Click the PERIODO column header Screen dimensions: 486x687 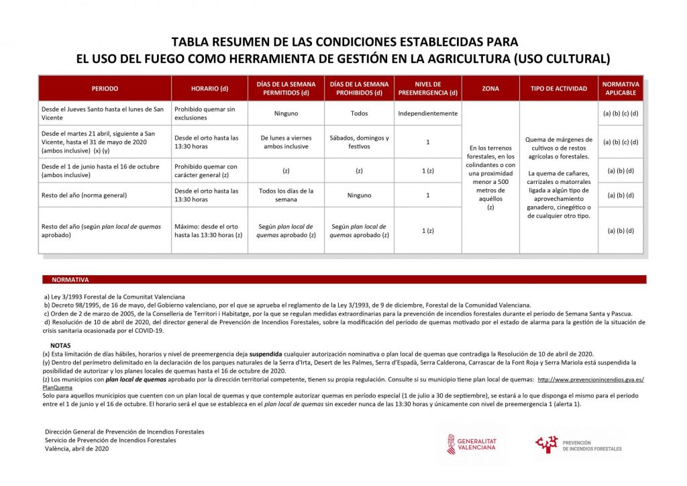pyautogui.click(x=105, y=89)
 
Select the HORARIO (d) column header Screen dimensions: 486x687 pyautogui.click(x=209, y=89)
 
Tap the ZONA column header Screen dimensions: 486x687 pyautogui.click(x=490, y=89)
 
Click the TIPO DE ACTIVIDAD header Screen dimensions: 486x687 pyautogui.click(x=559, y=89)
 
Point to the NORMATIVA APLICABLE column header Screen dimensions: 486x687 pyautogui.click(x=621, y=89)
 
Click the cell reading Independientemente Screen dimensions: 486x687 pyautogui.click(x=427, y=113)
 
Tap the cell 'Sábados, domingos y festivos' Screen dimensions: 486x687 pyautogui.click(x=359, y=142)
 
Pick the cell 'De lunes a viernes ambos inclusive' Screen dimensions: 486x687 pyautogui.click(x=286, y=142)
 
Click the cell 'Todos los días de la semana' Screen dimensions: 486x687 pyautogui.click(x=286, y=195)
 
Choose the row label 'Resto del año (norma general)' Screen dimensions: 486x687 pyautogui.click(x=84, y=195)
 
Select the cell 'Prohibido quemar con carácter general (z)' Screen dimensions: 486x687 pyautogui.click(x=206, y=171)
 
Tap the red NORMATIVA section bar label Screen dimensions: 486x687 pyautogui.click(x=70, y=279)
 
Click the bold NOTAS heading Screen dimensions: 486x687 pyautogui.click(x=60, y=345)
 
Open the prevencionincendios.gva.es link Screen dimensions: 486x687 pyautogui.click(x=590, y=380)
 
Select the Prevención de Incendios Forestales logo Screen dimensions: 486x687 pyautogui.click(x=578, y=444)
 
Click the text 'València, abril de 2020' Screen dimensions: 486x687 pyautogui.click(x=76, y=449)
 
